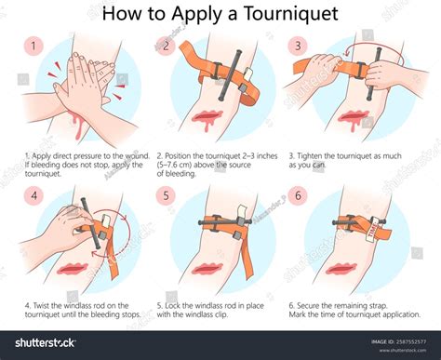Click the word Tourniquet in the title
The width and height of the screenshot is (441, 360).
pos(290,14)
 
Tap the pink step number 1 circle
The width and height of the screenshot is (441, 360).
pos(33,47)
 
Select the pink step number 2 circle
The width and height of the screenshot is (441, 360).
pos(166,47)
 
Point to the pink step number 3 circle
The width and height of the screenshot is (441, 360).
pos(298,46)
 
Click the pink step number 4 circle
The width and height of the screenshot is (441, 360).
pos(33,195)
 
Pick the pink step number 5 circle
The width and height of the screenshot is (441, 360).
pos(166,195)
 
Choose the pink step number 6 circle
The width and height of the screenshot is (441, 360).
pos(298,195)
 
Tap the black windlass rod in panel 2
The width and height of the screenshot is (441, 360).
pos(230,74)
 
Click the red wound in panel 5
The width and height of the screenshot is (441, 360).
pos(207,269)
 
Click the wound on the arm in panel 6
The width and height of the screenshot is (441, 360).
pos(341,269)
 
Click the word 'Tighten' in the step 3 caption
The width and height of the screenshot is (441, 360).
pos(310,156)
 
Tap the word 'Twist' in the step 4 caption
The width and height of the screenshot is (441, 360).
pos(41,305)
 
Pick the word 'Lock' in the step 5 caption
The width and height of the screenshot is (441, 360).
pos(172,305)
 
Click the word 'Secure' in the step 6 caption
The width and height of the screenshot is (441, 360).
pos(309,305)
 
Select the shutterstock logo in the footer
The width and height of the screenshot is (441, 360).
pos(45,342)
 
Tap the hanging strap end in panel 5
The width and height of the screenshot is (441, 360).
pos(247,254)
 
